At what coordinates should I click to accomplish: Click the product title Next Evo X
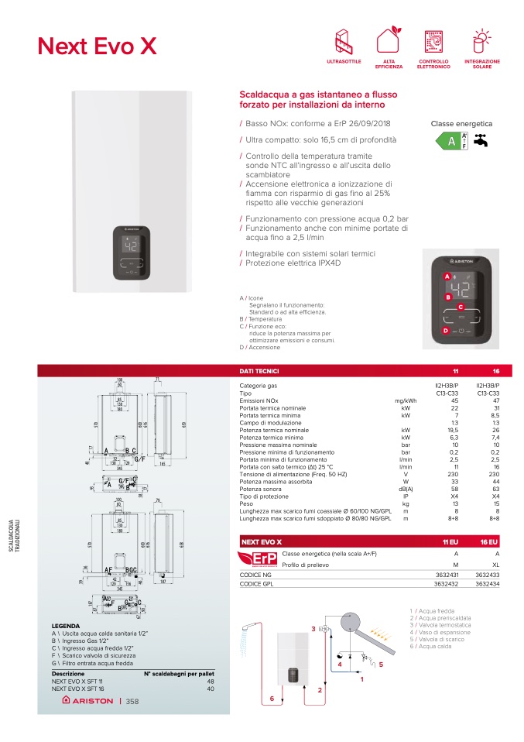point(97,46)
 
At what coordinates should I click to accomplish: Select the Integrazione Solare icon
point(481,40)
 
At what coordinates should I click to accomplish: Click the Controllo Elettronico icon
point(435,40)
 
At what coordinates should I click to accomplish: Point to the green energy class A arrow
point(448,141)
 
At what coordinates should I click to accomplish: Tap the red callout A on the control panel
point(447,277)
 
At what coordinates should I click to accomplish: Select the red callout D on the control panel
point(446,331)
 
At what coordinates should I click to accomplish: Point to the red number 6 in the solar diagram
point(272,699)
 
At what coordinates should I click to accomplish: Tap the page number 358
point(132,702)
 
